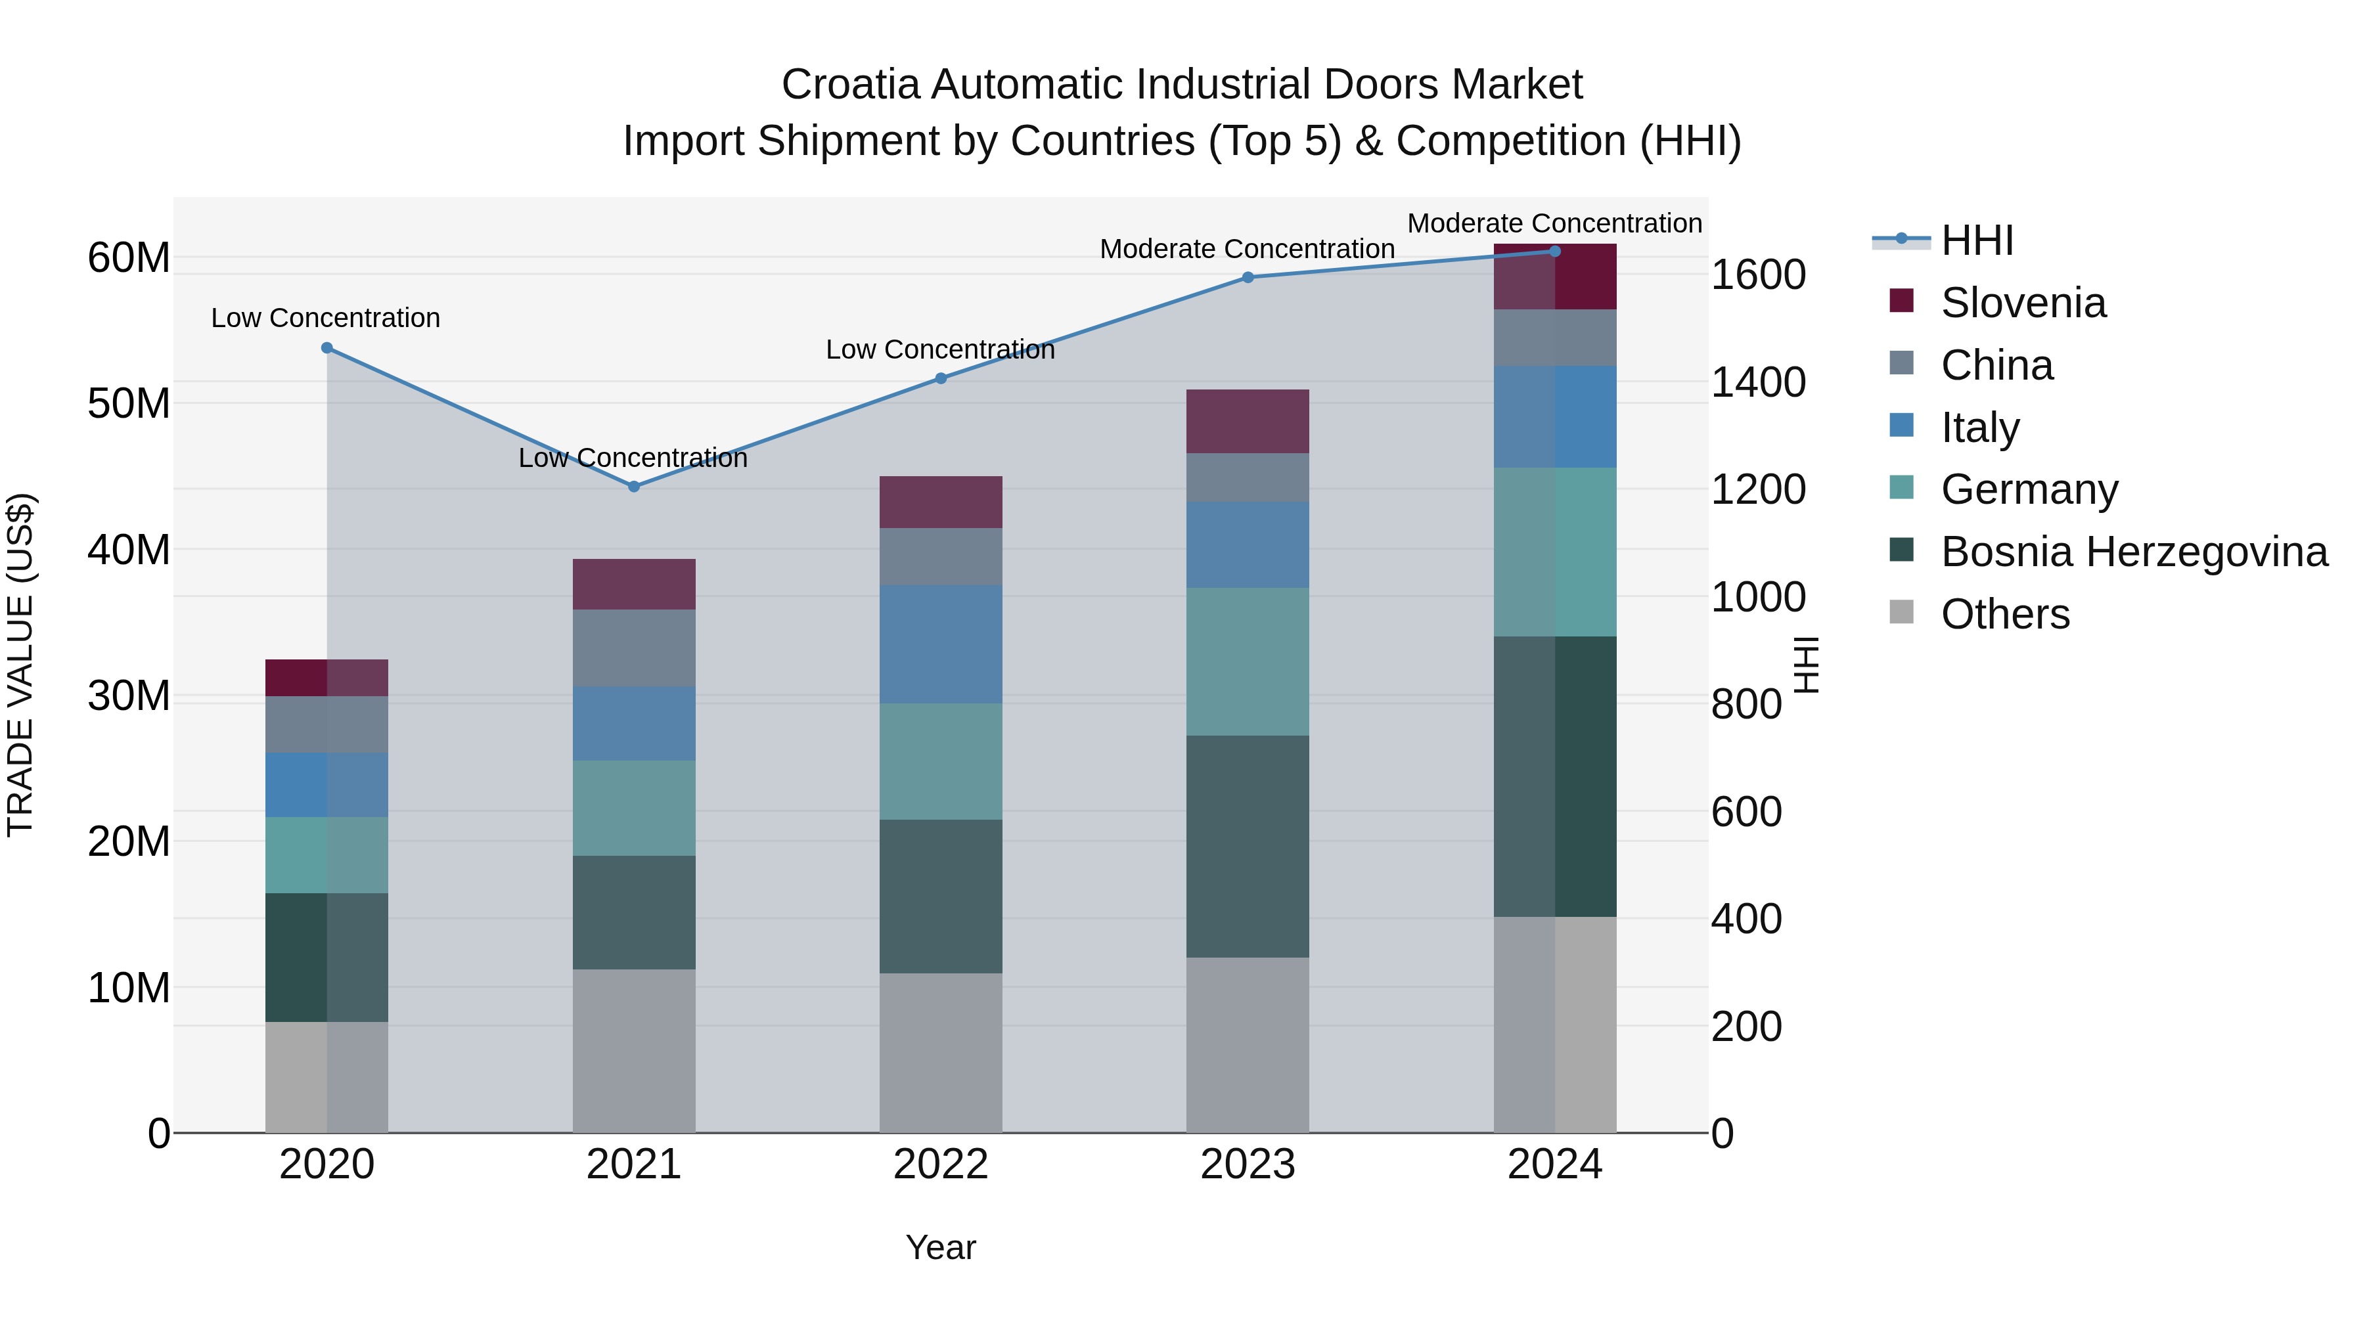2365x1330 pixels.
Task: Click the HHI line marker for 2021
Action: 633,487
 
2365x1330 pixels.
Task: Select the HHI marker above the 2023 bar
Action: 1248,277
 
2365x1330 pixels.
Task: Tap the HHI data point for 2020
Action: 327,348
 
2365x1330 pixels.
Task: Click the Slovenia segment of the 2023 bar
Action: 1248,421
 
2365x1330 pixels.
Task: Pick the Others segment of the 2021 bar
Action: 633,1051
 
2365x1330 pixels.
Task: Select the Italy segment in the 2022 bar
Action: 941,644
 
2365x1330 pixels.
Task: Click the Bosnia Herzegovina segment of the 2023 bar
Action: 1248,847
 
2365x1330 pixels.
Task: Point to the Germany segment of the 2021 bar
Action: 633,808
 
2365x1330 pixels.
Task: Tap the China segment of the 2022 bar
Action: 941,556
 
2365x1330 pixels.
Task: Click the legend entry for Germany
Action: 2029,489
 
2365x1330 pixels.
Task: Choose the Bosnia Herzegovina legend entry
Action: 2134,552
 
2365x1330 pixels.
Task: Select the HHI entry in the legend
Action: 1977,240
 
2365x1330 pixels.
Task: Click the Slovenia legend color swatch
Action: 1901,301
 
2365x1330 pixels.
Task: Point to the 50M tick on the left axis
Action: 129,403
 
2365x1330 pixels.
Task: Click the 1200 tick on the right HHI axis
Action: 1758,489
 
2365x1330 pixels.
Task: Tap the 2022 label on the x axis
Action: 941,1164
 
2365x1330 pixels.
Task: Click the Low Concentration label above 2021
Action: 633,457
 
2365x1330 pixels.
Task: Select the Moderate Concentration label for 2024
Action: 1554,223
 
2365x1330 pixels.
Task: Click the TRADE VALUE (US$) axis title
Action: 20,665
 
